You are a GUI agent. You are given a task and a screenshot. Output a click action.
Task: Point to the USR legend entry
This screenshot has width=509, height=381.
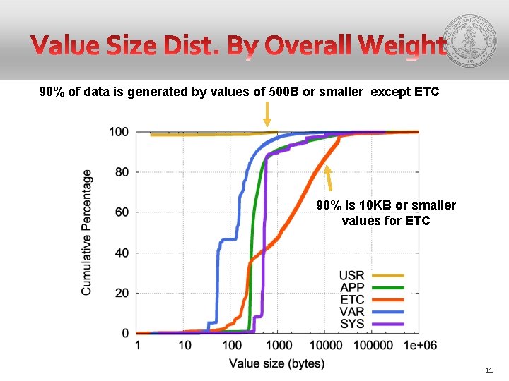coord(370,275)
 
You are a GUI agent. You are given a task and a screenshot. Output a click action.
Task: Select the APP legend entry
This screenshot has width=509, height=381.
coord(370,287)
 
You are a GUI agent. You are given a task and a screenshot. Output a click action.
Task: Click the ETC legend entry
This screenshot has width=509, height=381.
coord(370,300)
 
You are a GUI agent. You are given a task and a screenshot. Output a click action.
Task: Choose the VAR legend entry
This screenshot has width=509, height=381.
coord(370,312)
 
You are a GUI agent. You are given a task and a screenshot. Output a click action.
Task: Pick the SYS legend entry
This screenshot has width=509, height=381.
coord(370,324)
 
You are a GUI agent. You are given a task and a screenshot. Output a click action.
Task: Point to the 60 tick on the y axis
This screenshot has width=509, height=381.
coord(121,212)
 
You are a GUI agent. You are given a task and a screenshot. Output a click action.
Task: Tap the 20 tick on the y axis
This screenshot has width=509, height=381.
coord(121,293)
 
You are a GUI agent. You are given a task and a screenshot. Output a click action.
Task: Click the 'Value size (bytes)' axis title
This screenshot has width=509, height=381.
coord(276,363)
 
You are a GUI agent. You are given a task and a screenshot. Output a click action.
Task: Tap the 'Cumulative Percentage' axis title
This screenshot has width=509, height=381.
coord(86,232)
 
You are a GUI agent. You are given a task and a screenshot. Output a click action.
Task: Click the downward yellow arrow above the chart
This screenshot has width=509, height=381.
coord(267,114)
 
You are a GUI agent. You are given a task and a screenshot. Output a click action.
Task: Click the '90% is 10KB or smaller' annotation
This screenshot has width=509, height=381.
coord(385,205)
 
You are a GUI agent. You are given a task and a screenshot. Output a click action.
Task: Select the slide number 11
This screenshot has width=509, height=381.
coord(489,370)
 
